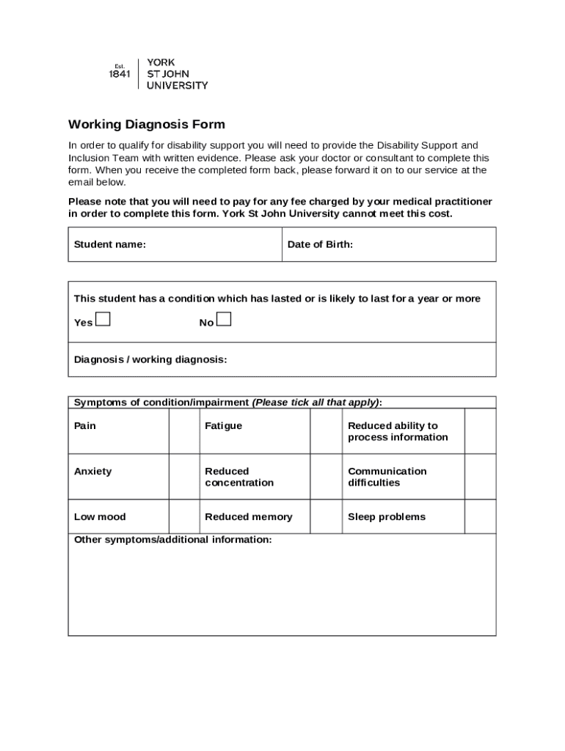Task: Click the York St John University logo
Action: tap(158, 74)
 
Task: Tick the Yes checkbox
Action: tap(103, 319)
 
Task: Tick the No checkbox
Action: tap(224, 319)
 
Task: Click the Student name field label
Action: tap(110, 244)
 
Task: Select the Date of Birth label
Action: tap(320, 244)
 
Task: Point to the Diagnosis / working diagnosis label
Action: tap(150, 359)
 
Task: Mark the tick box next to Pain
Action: tap(183, 431)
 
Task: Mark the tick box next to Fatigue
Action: tap(326, 431)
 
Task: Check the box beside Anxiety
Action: tap(183, 477)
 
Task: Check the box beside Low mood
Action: tap(183, 516)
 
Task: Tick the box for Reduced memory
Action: tap(326, 516)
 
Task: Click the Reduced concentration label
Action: tap(239, 477)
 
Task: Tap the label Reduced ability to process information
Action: tap(398, 431)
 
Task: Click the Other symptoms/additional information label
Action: tap(172, 540)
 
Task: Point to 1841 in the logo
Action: tap(120, 74)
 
